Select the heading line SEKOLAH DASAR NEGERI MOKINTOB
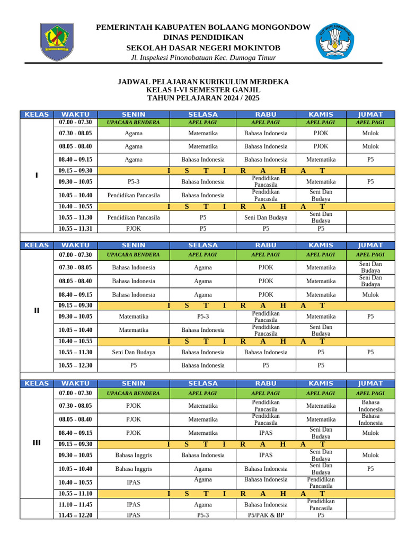[x=203, y=48]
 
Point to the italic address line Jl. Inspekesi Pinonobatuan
[x=203, y=58]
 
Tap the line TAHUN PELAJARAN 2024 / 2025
[x=203, y=98]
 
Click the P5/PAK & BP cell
[x=266, y=515]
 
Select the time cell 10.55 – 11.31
[x=75, y=229]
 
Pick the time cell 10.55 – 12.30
[x=75, y=365]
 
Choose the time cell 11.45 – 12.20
[x=75, y=515]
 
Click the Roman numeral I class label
[x=37, y=176]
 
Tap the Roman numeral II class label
[x=37, y=311]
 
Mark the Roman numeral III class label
[x=37, y=443]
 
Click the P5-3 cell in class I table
[x=134, y=181]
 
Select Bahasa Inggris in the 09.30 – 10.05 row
[x=134, y=455]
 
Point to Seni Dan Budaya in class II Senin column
[x=134, y=352]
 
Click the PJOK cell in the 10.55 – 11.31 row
[x=134, y=229]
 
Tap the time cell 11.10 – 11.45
[x=75, y=505]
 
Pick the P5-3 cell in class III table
[x=203, y=515]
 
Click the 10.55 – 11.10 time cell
[x=75, y=493]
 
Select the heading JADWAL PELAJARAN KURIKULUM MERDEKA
[x=203, y=82]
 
